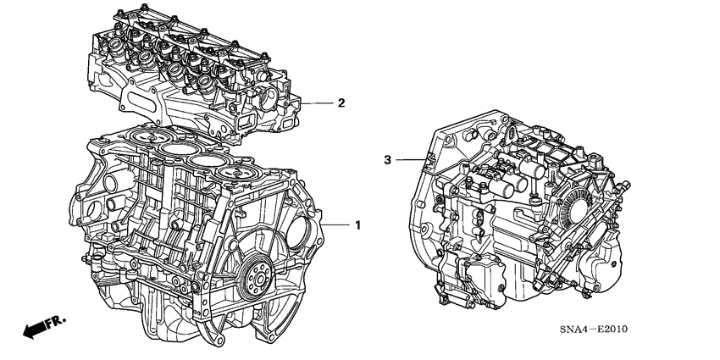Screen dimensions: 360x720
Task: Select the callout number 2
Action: pyautogui.click(x=341, y=104)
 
